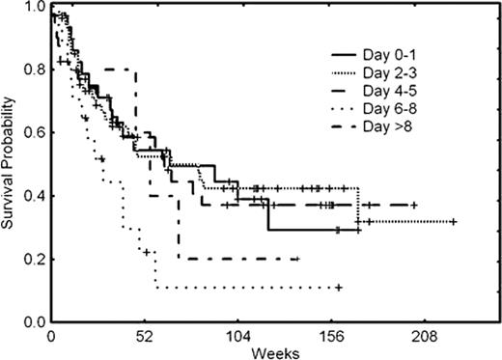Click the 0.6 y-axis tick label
coord(33,133)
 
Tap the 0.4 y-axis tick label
coord(33,196)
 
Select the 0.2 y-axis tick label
coord(33,259)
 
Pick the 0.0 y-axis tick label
coord(33,320)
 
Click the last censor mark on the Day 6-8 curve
coord(339,288)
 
